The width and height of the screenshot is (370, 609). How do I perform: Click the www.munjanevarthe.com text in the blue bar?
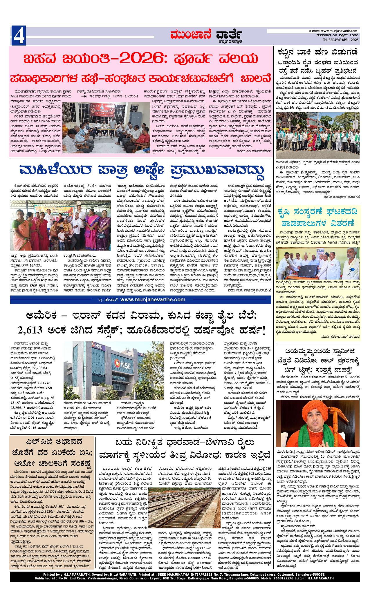click(x=152, y=300)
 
